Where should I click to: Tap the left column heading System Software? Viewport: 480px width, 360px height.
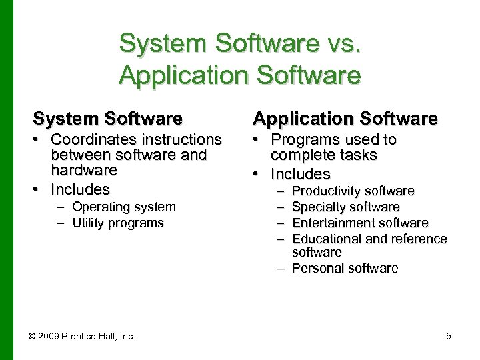(107, 119)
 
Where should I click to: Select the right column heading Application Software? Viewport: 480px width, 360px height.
(345, 119)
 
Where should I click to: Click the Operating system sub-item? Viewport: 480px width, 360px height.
(123, 207)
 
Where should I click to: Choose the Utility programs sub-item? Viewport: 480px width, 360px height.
(117, 223)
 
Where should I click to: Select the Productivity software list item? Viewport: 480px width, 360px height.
(353, 191)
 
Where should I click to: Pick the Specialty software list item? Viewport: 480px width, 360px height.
(346, 207)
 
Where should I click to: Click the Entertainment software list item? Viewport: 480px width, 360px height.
(360, 223)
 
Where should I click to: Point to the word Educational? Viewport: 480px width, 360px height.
(325, 239)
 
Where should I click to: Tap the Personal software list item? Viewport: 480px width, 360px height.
(345, 269)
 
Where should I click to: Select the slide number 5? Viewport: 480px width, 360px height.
(449, 336)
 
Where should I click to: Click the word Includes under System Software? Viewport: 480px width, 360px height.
(80, 189)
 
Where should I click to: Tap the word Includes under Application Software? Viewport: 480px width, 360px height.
(301, 174)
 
